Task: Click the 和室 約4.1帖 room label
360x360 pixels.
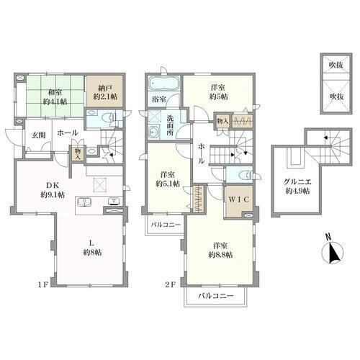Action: point(55,96)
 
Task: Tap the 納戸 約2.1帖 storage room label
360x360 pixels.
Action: point(105,92)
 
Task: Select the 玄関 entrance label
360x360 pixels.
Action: point(39,135)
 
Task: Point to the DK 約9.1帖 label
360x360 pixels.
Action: point(53,189)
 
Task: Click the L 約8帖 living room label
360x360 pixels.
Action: point(92,248)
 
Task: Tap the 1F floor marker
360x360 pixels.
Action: point(43,284)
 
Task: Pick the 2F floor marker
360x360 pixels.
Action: point(170,284)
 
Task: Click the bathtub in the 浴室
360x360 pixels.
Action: point(164,84)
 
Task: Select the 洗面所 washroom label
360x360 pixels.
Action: point(170,125)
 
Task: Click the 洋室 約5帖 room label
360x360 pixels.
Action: point(219,91)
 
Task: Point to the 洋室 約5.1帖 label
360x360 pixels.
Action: point(168,179)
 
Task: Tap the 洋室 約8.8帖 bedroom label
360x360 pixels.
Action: point(220,250)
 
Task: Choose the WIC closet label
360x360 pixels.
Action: point(239,199)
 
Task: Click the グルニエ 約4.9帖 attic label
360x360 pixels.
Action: point(297,186)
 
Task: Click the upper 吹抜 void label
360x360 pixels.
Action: point(336,65)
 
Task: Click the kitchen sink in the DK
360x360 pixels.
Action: point(84,202)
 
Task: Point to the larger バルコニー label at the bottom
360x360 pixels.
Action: point(216,296)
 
